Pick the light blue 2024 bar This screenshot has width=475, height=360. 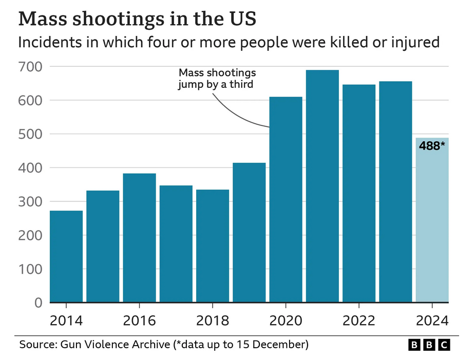click(x=432, y=226)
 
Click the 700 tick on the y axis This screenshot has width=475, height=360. click(x=30, y=67)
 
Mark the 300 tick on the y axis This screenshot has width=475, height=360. click(x=30, y=202)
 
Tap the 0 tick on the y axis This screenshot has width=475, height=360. click(x=38, y=303)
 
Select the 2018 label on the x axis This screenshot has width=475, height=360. click(x=213, y=321)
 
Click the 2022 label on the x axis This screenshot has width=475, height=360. click(x=359, y=321)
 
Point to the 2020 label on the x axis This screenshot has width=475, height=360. click(x=286, y=321)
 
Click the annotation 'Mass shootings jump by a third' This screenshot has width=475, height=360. click(x=216, y=79)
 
